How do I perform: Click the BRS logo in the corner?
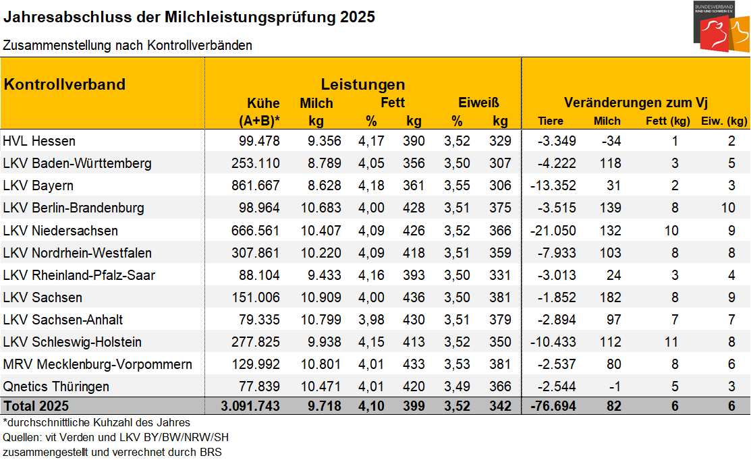721,26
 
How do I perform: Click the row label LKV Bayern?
38,185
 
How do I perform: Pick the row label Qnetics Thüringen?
56,386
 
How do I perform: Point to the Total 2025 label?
36,407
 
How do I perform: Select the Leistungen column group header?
362,84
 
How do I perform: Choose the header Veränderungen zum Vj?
636,103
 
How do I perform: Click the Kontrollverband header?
65,84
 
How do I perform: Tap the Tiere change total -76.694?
553,407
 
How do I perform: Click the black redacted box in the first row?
44,140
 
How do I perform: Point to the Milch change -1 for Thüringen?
614,386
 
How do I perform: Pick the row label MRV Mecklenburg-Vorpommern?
98,364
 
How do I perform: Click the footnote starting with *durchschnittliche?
96,422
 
